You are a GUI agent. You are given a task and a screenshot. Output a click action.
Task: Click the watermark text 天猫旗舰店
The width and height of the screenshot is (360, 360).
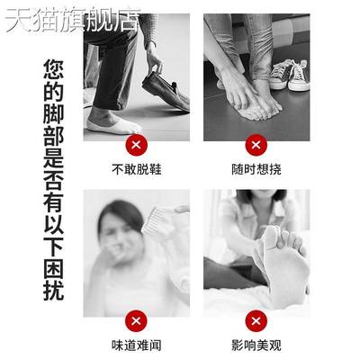coord(72,20)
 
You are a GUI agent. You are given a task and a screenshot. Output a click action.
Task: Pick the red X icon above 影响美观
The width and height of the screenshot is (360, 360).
coord(256,319)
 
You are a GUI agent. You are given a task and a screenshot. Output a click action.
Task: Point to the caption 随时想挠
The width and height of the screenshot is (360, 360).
coord(256,168)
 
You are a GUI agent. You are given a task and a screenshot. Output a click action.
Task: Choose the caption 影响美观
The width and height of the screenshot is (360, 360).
coord(256,345)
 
